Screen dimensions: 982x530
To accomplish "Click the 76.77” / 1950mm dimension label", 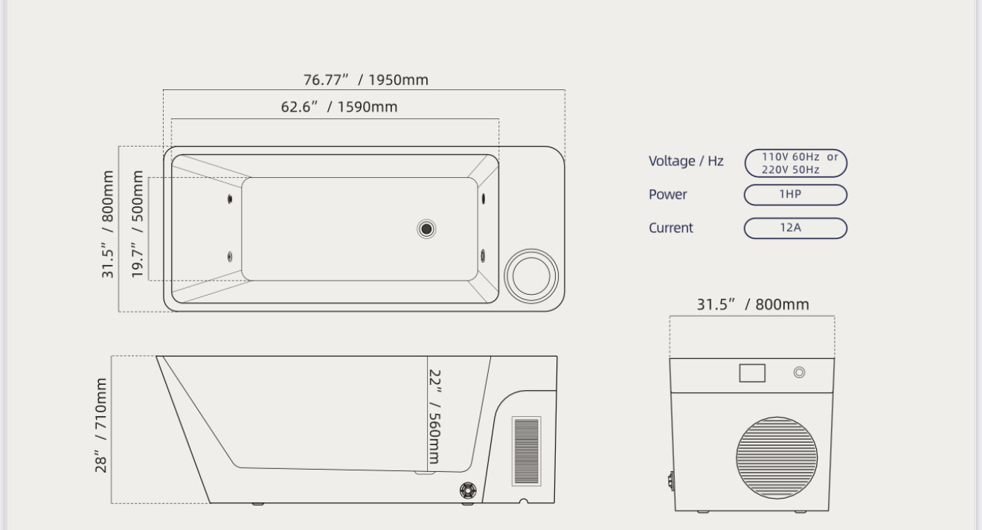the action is (365, 80).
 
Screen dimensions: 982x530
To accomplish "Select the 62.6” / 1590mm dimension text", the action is (339, 106).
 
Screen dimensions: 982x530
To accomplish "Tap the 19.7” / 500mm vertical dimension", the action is (137, 224).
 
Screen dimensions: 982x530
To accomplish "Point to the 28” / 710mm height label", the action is (100, 425).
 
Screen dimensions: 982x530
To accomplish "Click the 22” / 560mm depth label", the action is (434, 416).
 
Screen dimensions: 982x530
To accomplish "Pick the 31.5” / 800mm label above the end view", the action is (753, 304).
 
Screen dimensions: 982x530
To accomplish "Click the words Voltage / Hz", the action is (686, 161).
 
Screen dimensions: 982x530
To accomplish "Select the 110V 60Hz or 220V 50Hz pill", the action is (796, 163).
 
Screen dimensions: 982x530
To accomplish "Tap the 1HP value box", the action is (796, 195).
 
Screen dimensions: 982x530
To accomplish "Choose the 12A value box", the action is (796, 228).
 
